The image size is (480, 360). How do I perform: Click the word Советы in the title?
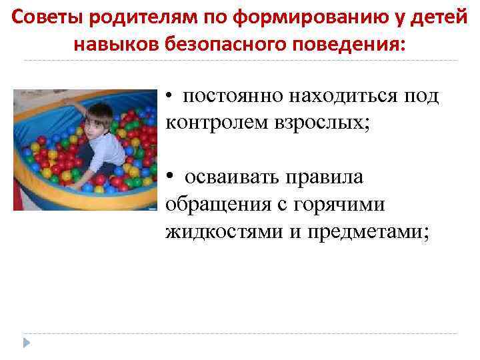pyautogui.click(x=41, y=17)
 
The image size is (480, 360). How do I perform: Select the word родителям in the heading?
pyautogui.click(x=123, y=17)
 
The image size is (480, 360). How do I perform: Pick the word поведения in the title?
pyautogui.click(x=347, y=44)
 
